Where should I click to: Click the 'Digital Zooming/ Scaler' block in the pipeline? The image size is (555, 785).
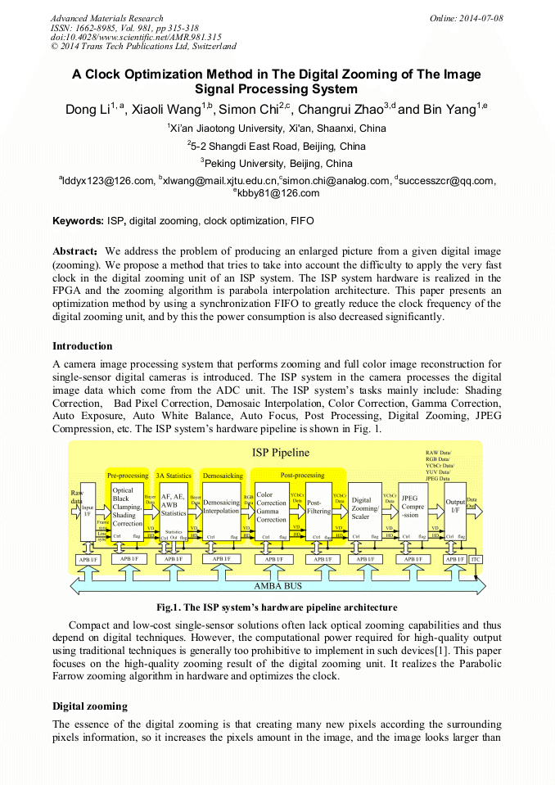point(365,508)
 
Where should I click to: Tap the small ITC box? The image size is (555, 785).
point(476,559)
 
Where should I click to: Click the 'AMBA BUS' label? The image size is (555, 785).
point(278,586)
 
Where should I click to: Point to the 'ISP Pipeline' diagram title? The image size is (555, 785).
point(280,452)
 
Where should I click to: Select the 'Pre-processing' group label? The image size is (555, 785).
point(128,475)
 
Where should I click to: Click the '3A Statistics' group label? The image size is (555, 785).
point(174,475)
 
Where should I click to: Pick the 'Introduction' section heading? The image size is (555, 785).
point(83,346)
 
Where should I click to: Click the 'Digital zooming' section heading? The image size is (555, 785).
point(90,706)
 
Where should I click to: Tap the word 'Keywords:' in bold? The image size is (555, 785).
point(79,221)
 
